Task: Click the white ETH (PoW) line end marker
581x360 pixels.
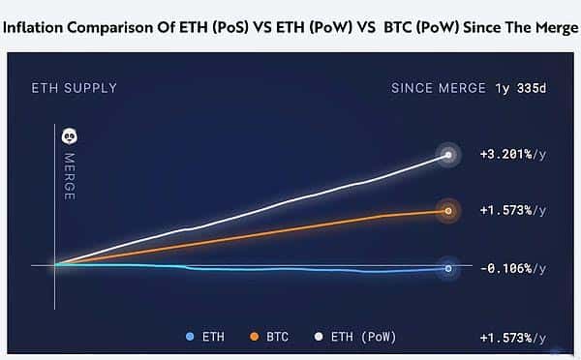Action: tap(447, 155)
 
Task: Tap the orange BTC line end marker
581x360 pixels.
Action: tap(447, 210)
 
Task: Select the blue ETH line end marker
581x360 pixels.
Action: tap(447, 268)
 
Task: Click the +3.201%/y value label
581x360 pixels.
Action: tap(512, 155)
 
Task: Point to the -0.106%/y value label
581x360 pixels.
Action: tap(512, 268)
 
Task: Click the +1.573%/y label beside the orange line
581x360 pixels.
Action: tap(512, 210)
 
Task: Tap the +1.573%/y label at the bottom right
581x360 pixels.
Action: tap(512, 337)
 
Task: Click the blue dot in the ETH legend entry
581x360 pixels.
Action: tap(190, 337)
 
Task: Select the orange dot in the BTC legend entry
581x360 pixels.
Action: tap(255, 337)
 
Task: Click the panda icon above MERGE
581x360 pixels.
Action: tap(69, 136)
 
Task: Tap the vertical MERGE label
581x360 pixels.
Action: tap(69, 175)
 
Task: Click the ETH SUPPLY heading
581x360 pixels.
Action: tap(76, 88)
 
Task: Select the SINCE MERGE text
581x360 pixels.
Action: tap(439, 88)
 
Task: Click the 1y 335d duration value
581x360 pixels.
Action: tap(521, 88)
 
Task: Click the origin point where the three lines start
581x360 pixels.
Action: tap(55, 264)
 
